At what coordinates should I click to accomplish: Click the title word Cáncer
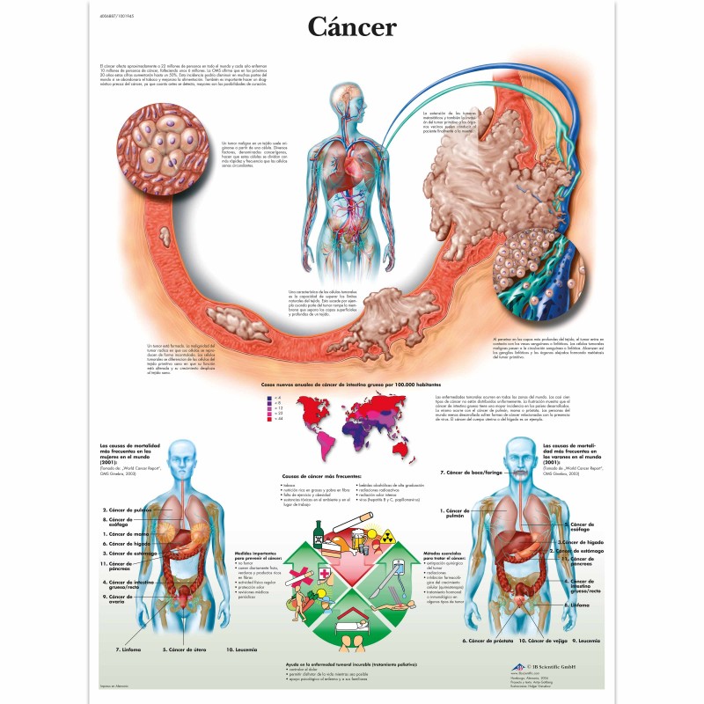tap(351, 27)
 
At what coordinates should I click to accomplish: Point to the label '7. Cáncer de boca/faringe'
tap(471, 473)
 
